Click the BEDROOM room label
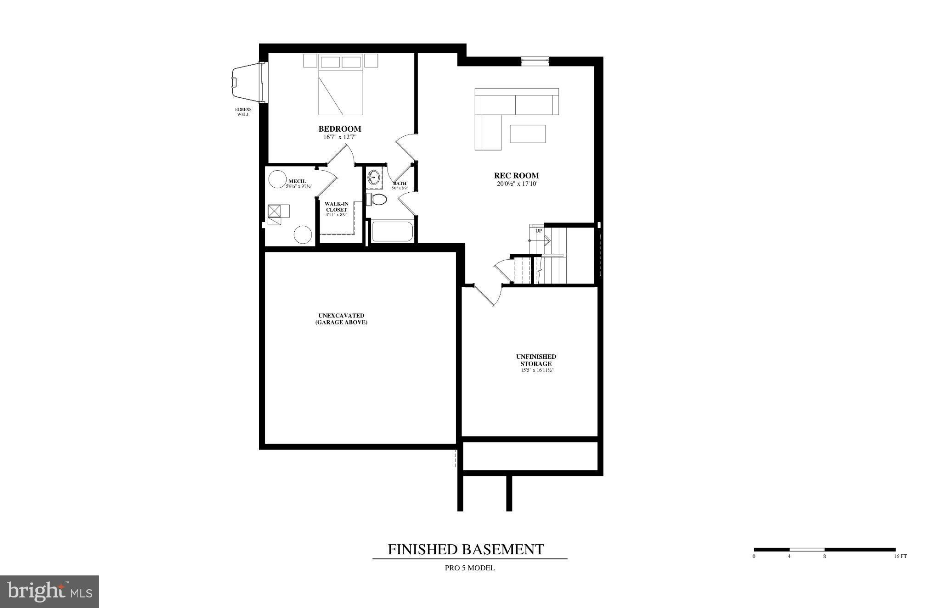[x=340, y=129]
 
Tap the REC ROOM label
[x=516, y=175]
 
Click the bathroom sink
[x=375, y=178]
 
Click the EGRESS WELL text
[x=243, y=112]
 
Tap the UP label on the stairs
[x=539, y=231]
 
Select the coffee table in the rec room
[x=528, y=134]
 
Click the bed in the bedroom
[x=341, y=84]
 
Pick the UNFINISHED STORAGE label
[x=536, y=360]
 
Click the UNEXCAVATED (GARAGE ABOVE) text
[x=341, y=319]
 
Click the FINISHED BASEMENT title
[x=466, y=549]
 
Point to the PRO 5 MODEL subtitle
[x=470, y=568]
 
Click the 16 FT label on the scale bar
[x=901, y=557]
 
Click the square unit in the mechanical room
[x=274, y=211]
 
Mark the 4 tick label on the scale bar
[x=789, y=557]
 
